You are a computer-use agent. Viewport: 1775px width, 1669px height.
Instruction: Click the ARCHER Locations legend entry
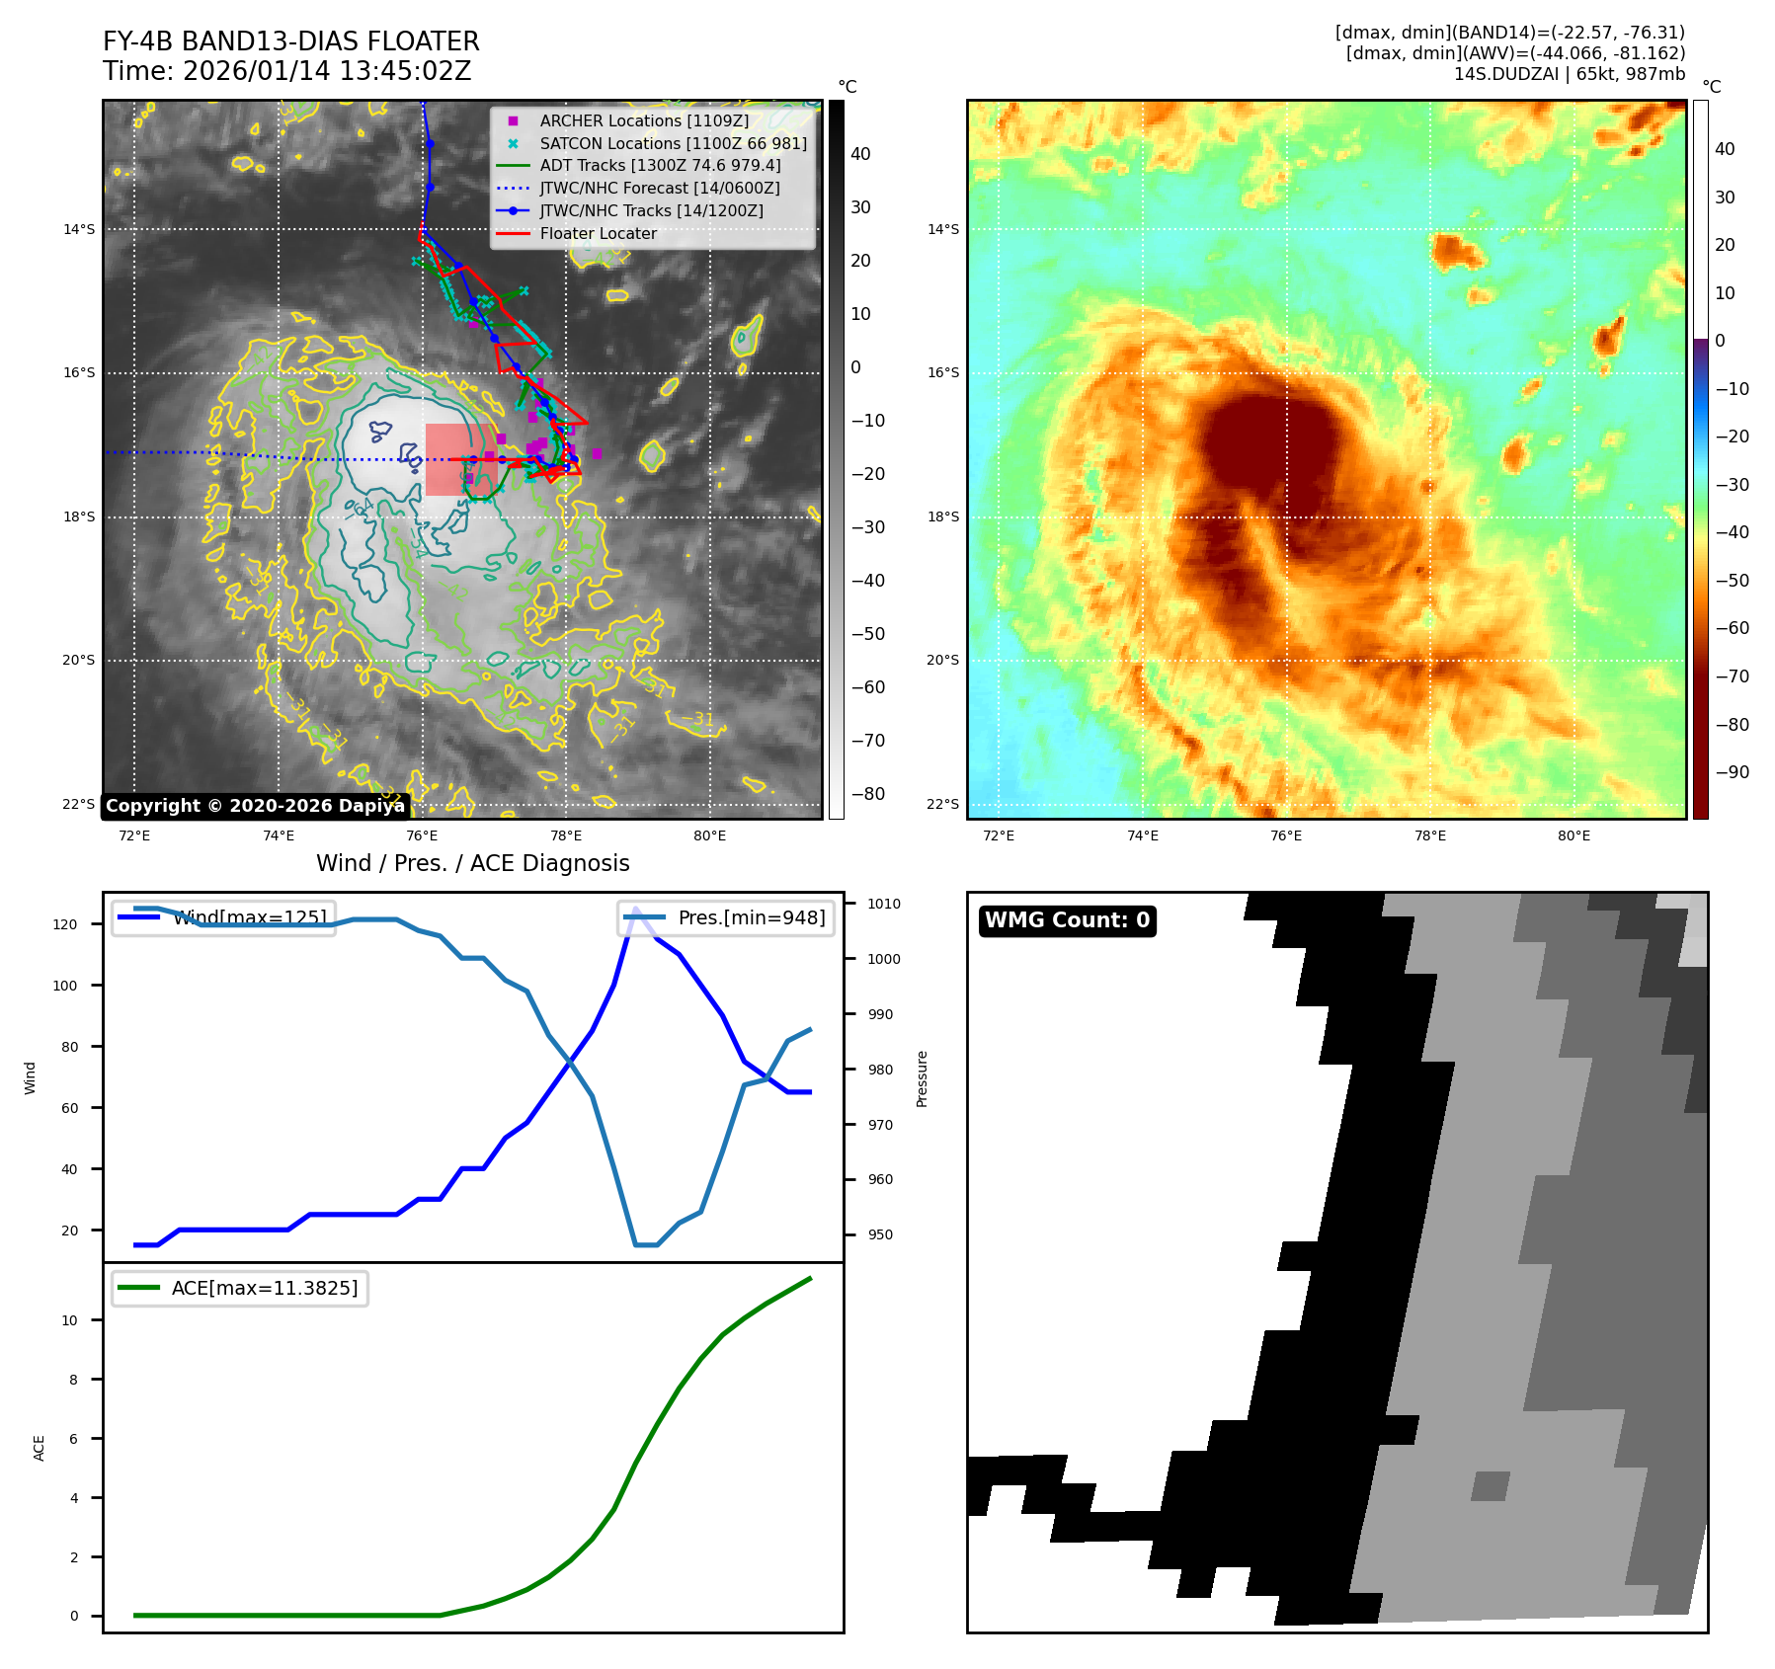click(x=644, y=120)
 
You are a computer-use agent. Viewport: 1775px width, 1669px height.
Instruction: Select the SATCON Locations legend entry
click(x=673, y=143)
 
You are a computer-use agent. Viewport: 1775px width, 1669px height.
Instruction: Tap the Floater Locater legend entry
click(x=598, y=233)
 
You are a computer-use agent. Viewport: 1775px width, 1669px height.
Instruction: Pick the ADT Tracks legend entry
click(x=660, y=166)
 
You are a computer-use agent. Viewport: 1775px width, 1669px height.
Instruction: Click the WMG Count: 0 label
click(x=1067, y=920)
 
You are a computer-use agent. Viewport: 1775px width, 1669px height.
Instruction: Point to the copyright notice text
click(x=255, y=806)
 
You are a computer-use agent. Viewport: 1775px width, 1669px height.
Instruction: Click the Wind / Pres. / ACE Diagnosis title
click(x=472, y=863)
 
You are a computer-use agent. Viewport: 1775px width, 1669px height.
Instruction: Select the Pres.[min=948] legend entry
click(x=751, y=917)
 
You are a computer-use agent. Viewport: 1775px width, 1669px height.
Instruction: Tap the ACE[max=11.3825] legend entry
click(x=264, y=1288)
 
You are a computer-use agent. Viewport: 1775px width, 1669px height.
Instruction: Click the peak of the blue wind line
click(x=635, y=909)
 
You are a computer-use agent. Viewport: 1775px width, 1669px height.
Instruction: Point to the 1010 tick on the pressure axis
click(x=884, y=904)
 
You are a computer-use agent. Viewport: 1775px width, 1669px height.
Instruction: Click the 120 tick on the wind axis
click(x=65, y=924)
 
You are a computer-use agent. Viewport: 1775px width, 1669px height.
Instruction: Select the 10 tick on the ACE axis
click(x=69, y=1320)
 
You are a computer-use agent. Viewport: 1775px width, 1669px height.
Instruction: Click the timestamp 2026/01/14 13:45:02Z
click(x=327, y=72)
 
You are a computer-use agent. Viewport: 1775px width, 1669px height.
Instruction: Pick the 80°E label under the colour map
click(x=1573, y=835)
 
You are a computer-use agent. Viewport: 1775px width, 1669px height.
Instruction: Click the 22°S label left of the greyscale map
click(x=79, y=804)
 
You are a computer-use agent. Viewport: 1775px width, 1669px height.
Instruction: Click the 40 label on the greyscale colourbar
click(x=860, y=154)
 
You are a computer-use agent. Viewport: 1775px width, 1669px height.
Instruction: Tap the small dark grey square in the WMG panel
click(x=1491, y=1486)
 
